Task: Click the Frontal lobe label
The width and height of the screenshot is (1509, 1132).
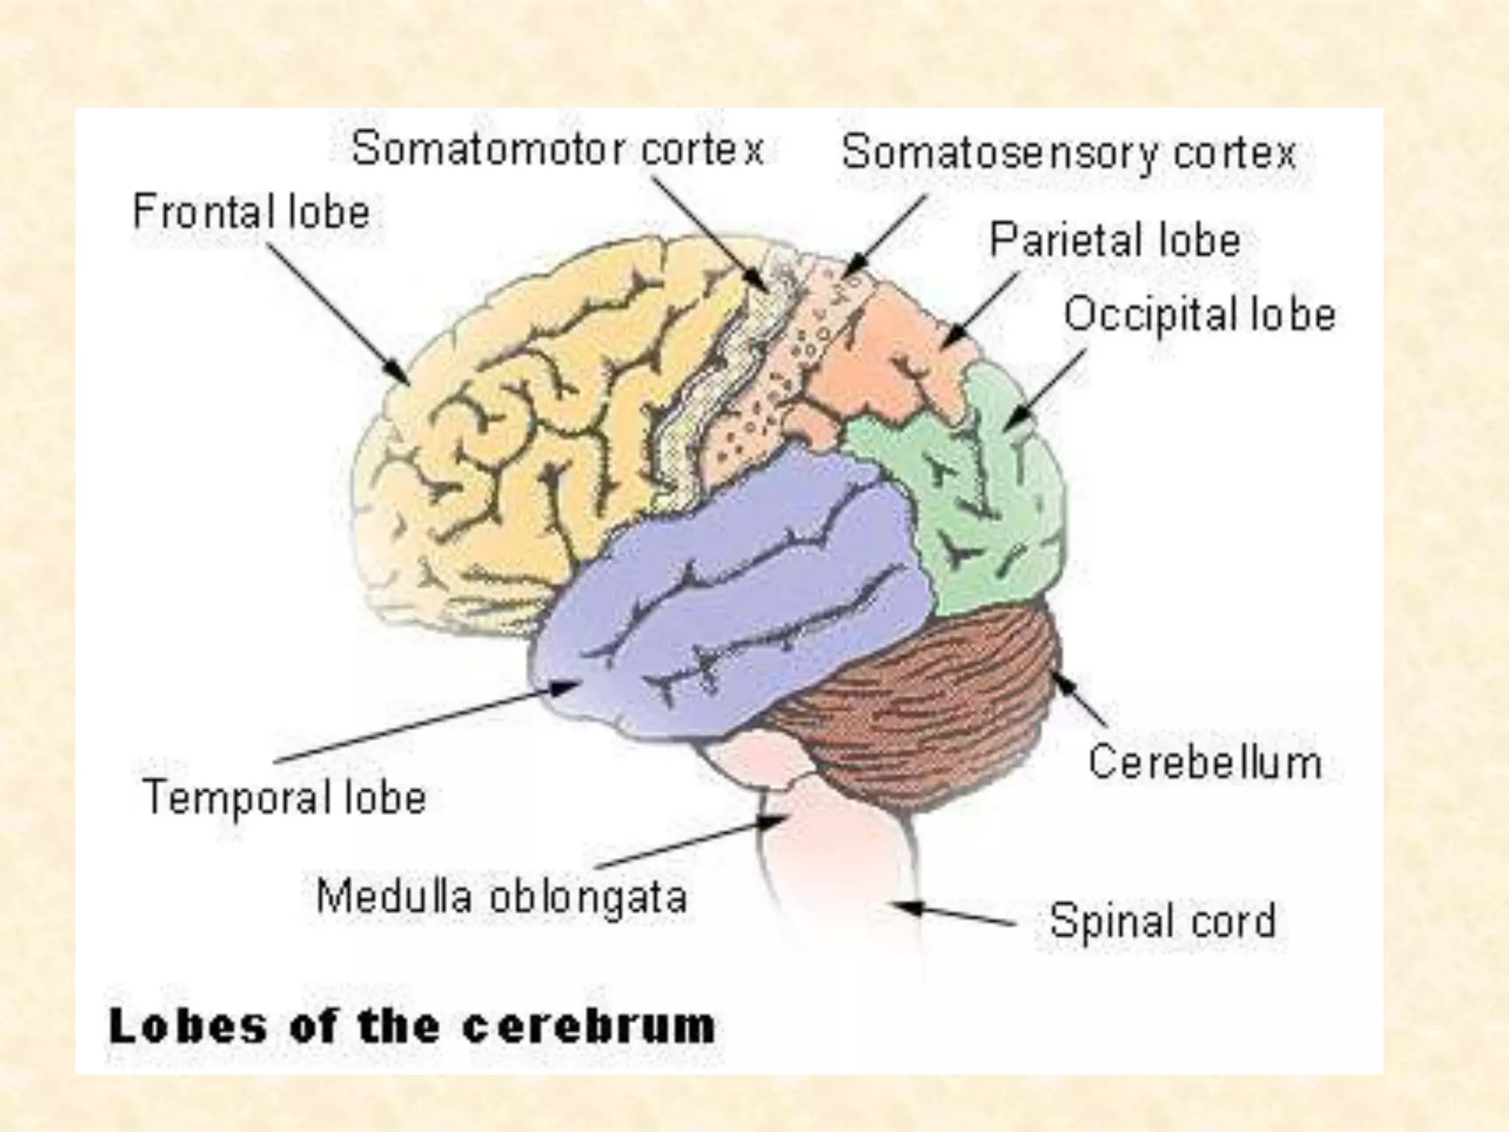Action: pos(251,212)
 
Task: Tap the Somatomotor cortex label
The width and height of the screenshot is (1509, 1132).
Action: pos(558,150)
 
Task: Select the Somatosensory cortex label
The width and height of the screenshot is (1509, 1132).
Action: pos(1068,154)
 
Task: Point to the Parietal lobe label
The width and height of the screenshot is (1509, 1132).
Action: pos(1115,240)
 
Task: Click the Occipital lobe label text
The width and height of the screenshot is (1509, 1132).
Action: pos(1200,315)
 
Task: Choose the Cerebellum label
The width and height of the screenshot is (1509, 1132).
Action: pos(1205,763)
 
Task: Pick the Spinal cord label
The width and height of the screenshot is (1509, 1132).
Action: pos(1162,921)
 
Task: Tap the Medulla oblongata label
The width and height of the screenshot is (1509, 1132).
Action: pos(502,897)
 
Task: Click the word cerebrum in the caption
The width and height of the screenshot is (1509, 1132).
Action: pos(589,1027)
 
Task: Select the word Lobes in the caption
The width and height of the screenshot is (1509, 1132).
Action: pos(188,1027)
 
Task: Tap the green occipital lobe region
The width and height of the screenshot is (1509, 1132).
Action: pos(987,509)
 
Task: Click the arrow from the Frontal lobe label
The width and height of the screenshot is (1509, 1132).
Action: pos(339,313)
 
